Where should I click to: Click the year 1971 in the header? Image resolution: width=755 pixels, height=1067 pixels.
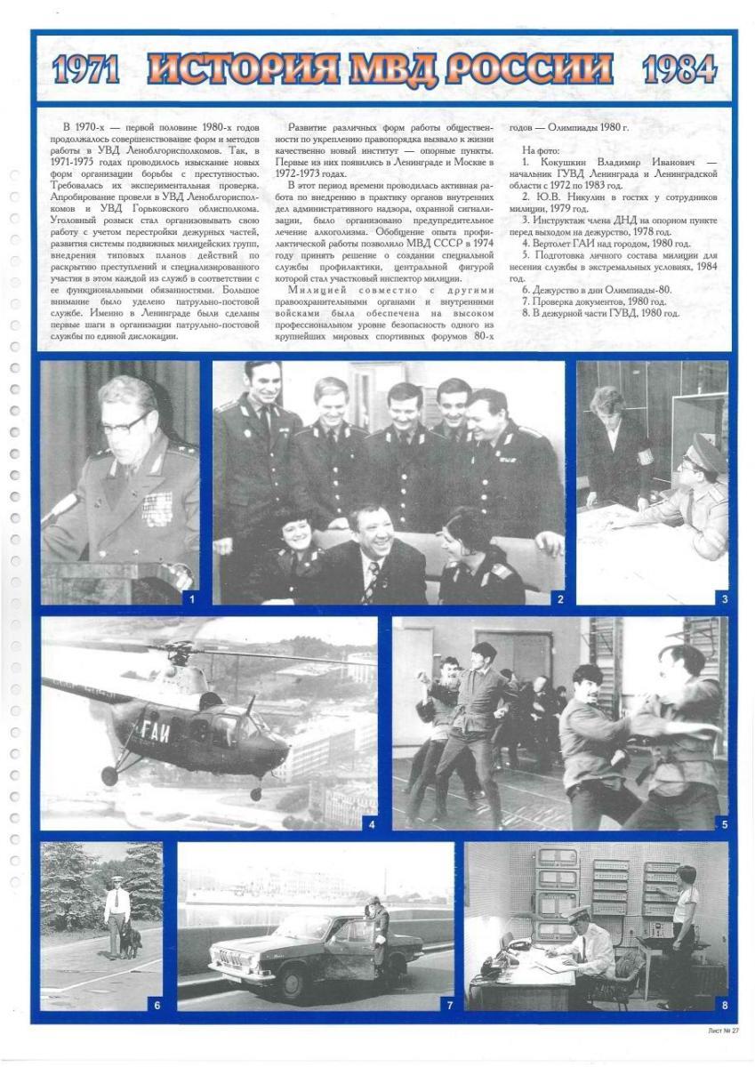(86, 68)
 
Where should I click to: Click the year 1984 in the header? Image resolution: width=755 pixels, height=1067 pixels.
(679, 68)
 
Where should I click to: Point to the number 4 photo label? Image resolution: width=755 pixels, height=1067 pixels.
(372, 823)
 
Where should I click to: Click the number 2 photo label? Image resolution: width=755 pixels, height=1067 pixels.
(559, 599)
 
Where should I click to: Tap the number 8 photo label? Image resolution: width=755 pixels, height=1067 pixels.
(724, 1006)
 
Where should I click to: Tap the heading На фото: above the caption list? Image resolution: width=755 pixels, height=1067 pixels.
(540, 150)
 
